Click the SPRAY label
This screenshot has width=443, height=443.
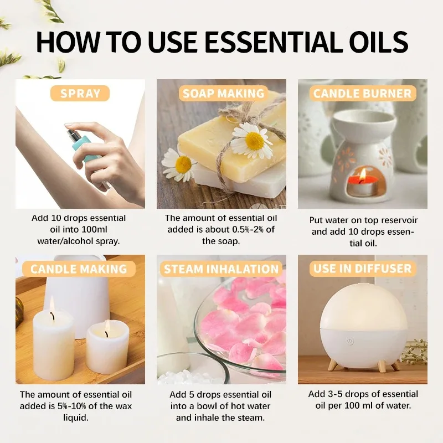pyautogui.click(x=81, y=93)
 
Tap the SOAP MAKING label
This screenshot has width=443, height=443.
pyautogui.click(x=223, y=93)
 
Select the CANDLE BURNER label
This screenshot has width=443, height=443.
pyautogui.click(x=363, y=93)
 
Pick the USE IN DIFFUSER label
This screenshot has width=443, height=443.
pyautogui.click(x=363, y=269)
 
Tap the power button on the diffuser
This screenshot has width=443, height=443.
pyautogui.click(x=350, y=342)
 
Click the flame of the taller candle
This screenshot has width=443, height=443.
pyautogui.click(x=52, y=305)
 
